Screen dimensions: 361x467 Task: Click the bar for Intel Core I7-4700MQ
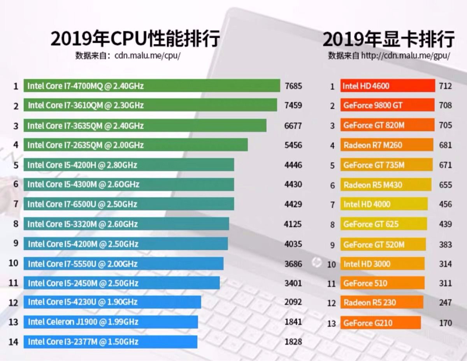click(152, 86)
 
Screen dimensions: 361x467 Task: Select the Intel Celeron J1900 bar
click(111, 322)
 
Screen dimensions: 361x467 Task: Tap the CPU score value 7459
click(293, 105)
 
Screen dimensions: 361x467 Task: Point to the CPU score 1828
click(293, 342)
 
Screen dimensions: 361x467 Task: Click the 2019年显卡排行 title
click(388, 39)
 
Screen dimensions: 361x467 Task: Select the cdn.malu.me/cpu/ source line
click(128, 56)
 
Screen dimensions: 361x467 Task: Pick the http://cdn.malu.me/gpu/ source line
click(389, 56)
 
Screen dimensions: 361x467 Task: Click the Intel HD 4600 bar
click(388, 86)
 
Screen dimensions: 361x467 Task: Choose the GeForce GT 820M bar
click(388, 125)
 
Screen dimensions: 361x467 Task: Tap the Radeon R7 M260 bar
click(387, 145)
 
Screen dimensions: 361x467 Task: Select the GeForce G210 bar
click(381, 323)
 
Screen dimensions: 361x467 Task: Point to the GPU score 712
click(445, 86)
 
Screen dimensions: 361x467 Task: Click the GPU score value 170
click(445, 323)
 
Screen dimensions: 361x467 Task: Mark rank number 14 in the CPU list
click(14, 342)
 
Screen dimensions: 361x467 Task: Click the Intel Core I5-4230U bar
click(112, 302)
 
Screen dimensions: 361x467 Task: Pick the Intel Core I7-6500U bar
click(129, 204)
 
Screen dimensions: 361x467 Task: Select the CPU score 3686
click(293, 264)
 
